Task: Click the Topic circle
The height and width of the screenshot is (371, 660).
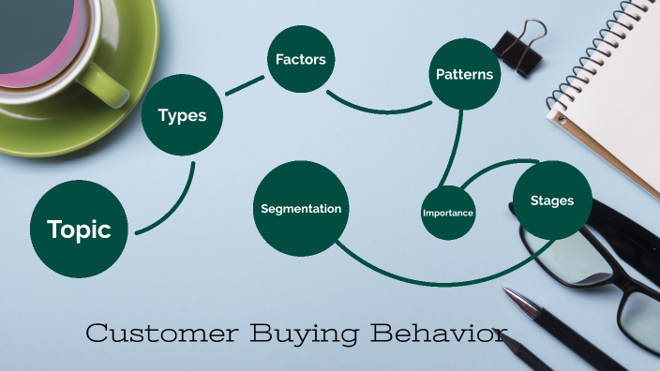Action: pos(79,229)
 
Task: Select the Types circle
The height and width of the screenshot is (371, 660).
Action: pos(182,116)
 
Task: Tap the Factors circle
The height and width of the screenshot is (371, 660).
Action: pos(300,60)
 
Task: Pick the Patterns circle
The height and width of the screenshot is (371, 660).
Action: pos(463,73)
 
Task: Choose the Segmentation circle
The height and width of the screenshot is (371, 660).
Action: pos(300,208)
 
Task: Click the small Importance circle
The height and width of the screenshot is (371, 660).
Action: pos(447,213)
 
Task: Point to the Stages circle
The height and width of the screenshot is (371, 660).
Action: pos(551,200)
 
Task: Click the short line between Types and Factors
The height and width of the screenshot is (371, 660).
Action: pos(246,84)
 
